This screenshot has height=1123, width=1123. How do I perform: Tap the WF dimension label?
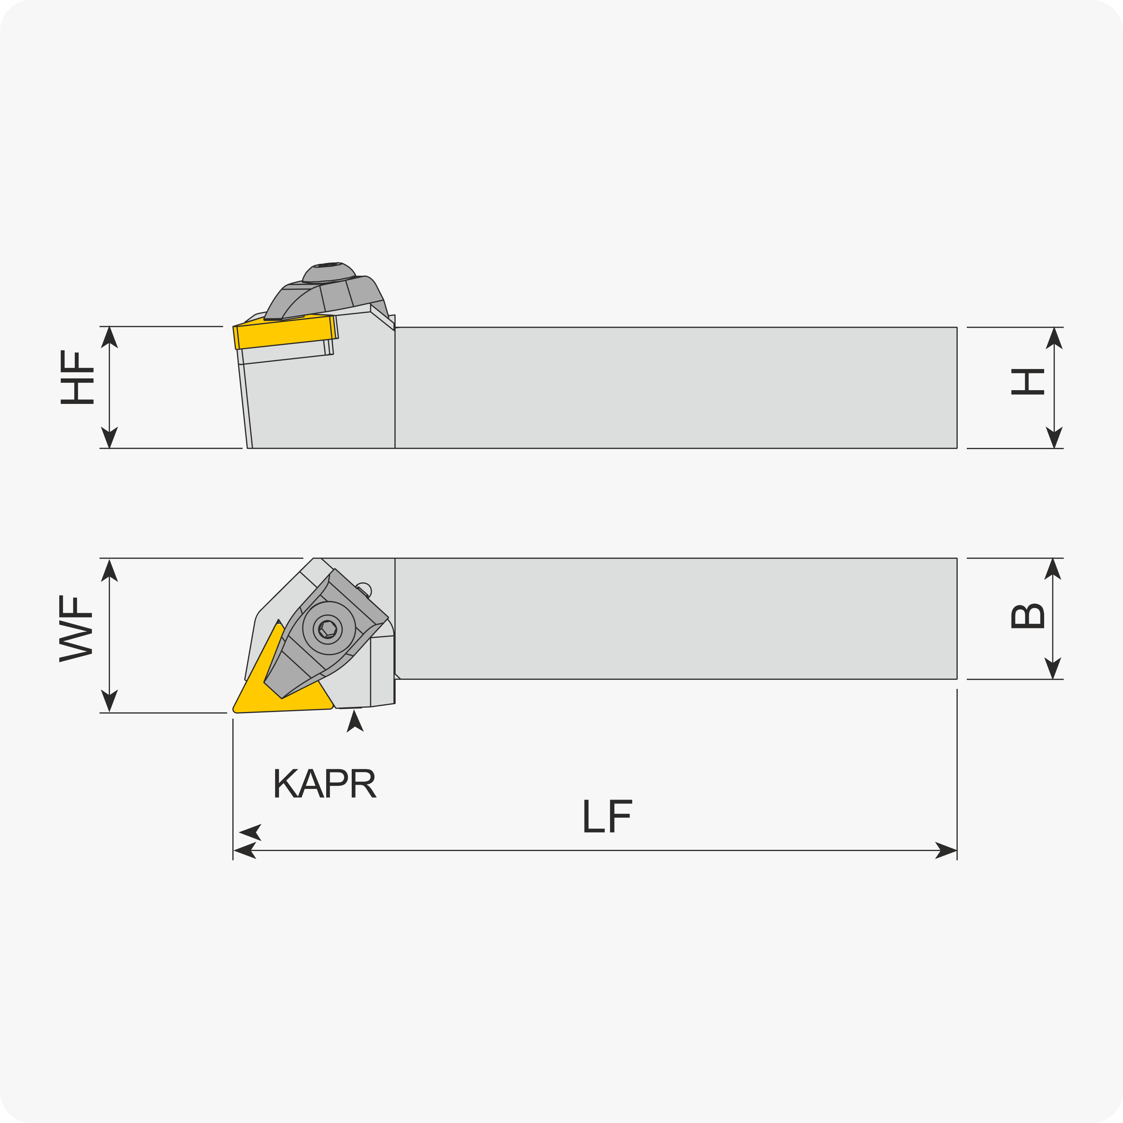click(x=76, y=628)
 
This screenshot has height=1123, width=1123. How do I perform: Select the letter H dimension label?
click(x=1028, y=382)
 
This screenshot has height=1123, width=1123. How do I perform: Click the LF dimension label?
click(x=607, y=816)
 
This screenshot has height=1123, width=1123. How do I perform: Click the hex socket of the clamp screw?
click(x=328, y=629)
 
